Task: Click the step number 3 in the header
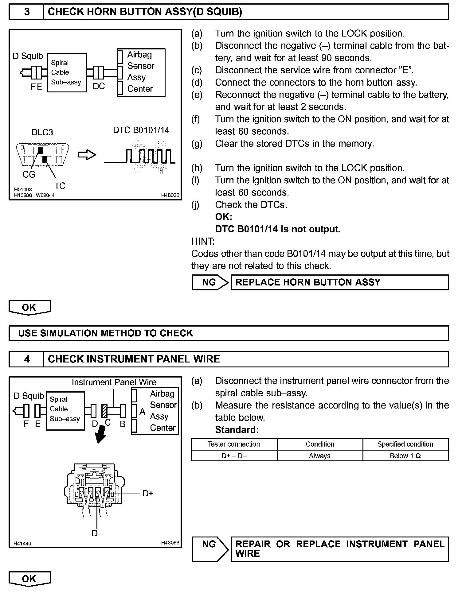click(27, 12)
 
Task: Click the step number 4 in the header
click(27, 359)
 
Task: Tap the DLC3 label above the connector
click(42, 132)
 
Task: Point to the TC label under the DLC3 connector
click(60, 186)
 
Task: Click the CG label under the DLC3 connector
click(29, 174)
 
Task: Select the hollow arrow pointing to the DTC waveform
click(87, 155)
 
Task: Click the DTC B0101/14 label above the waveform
click(141, 130)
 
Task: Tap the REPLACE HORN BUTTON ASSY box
click(339, 282)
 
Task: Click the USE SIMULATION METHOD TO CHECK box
click(229, 333)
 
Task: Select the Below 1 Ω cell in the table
click(405, 456)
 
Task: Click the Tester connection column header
click(234, 444)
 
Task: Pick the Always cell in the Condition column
click(319, 456)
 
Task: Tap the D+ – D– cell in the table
click(234, 456)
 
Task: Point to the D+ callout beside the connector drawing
click(148, 493)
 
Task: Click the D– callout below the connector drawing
click(97, 533)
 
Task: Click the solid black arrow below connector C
click(100, 435)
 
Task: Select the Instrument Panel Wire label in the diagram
click(114, 382)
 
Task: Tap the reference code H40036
click(170, 195)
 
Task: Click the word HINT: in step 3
click(203, 242)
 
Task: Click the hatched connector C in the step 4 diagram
click(104, 410)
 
